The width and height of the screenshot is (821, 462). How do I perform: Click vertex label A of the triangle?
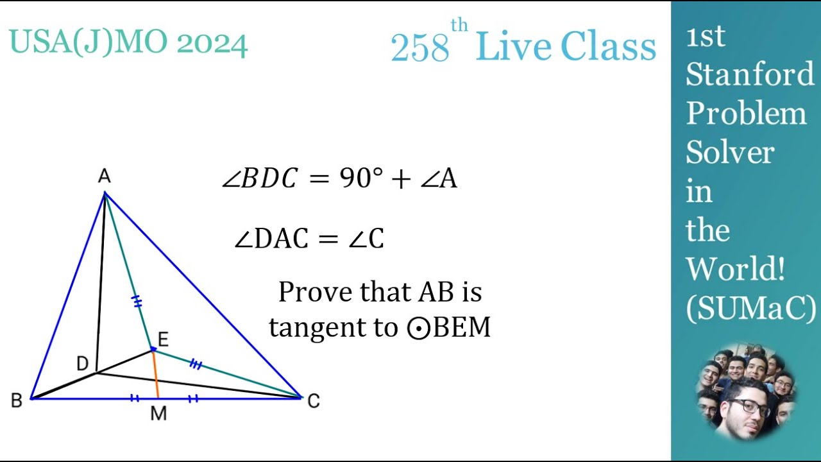click(104, 177)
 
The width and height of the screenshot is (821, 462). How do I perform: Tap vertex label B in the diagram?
click(17, 401)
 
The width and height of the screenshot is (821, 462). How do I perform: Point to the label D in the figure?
click(82, 364)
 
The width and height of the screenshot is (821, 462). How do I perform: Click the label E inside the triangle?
click(163, 339)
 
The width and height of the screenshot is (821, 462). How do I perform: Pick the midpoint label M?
click(158, 415)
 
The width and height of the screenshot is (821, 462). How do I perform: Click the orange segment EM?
click(156, 375)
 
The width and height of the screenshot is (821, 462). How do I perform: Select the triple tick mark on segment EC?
click(196, 365)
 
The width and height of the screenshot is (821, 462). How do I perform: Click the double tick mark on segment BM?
click(134, 398)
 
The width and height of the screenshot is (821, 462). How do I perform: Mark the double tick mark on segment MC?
click(193, 398)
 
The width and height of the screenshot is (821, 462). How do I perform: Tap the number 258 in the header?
click(419, 48)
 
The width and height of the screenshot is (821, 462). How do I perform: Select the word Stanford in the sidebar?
click(750, 74)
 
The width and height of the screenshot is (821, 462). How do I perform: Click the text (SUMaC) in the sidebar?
click(751, 309)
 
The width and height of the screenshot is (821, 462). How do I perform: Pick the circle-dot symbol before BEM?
click(419, 328)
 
